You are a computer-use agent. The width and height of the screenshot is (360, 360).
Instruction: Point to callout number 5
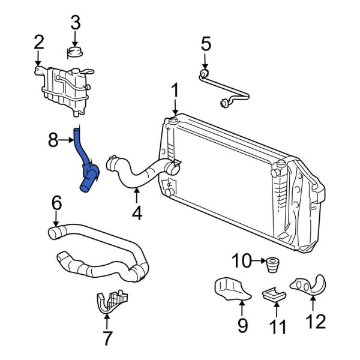point(205,43)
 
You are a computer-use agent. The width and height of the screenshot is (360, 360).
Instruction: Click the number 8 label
point(53,141)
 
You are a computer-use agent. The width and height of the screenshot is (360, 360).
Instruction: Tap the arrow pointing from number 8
point(70,141)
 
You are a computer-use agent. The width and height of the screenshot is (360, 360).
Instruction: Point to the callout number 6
point(56,203)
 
